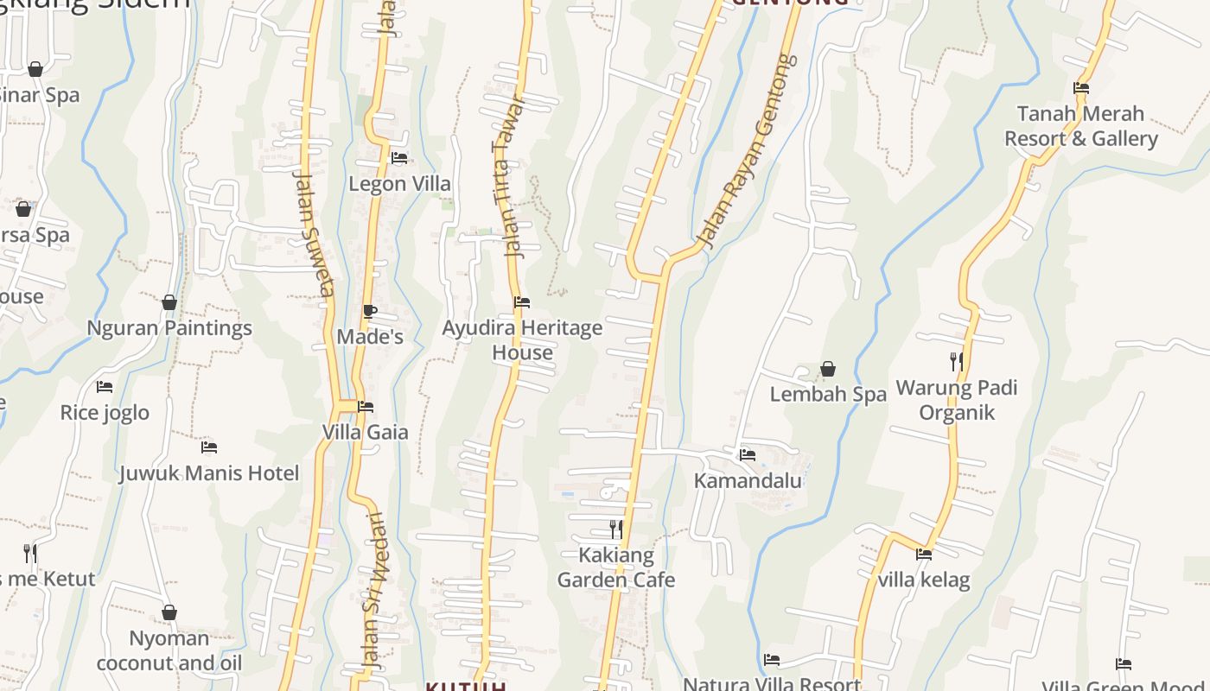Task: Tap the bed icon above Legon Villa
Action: click(x=399, y=158)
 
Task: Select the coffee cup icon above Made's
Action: click(x=370, y=311)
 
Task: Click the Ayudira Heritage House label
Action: click(x=522, y=340)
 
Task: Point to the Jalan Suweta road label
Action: click(x=314, y=233)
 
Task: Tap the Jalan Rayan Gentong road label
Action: click(x=748, y=151)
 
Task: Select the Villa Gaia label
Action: click(x=365, y=432)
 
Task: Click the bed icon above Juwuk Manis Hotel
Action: click(x=209, y=447)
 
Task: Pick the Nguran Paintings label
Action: click(x=169, y=328)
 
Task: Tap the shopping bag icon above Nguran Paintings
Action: click(x=169, y=302)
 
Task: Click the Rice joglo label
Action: click(x=105, y=413)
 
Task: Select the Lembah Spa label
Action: click(x=828, y=395)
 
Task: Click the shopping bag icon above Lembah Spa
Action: click(x=828, y=369)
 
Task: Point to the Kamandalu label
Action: click(x=748, y=480)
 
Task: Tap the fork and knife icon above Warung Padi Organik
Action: click(x=956, y=361)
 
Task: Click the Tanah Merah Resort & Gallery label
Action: click(x=1080, y=126)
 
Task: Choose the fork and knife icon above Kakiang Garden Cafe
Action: click(x=615, y=529)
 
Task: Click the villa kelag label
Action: click(x=924, y=580)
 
